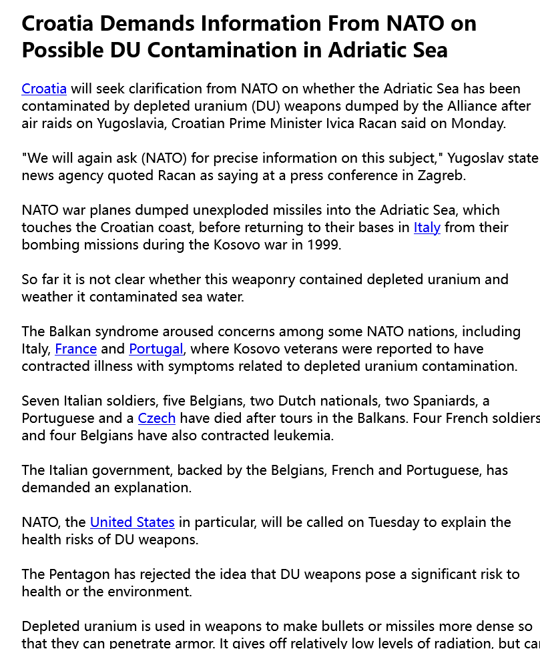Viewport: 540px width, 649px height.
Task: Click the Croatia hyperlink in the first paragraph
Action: [x=44, y=89]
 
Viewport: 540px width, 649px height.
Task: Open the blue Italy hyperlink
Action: [x=427, y=227]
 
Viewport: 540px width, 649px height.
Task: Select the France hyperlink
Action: [x=75, y=349]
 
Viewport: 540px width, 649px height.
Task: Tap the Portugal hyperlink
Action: [x=156, y=349]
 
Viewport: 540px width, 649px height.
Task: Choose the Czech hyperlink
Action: [x=156, y=418]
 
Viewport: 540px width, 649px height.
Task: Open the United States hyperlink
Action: [x=132, y=522]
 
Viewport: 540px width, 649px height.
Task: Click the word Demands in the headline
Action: [x=150, y=24]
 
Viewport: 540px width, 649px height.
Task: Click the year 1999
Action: [x=324, y=245]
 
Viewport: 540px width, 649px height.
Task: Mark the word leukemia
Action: [x=301, y=436]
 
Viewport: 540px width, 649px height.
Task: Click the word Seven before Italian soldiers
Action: [x=41, y=401]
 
